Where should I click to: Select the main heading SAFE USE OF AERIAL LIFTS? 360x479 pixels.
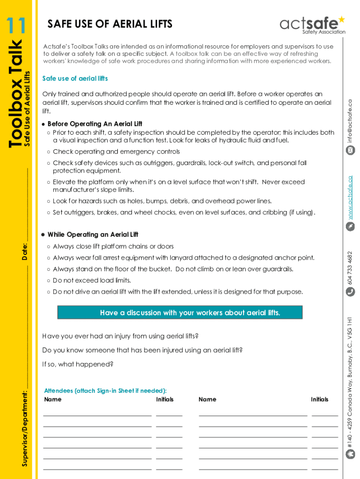point(110,24)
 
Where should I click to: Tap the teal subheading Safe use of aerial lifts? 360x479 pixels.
point(75,78)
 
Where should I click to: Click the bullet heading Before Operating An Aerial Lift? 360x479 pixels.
point(94,124)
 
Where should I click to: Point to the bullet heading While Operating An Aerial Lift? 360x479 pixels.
point(93,234)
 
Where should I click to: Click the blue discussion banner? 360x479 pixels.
point(180,312)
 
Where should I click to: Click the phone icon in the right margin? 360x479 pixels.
point(350,291)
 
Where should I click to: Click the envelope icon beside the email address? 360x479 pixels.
point(350,150)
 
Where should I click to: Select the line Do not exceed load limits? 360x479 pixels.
point(92,280)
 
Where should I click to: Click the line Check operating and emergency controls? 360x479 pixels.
point(116,152)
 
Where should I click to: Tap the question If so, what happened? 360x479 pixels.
point(78,364)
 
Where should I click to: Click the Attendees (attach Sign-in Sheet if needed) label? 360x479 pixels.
point(105,391)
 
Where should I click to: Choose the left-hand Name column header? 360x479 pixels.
point(52,399)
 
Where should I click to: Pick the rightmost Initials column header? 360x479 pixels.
point(319,399)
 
